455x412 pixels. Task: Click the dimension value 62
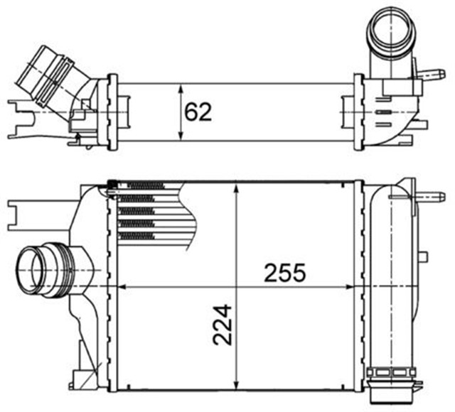click(x=198, y=112)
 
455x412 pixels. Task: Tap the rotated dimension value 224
click(x=222, y=324)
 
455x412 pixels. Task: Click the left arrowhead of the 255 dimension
click(x=121, y=287)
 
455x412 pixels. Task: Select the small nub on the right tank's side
click(x=424, y=256)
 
